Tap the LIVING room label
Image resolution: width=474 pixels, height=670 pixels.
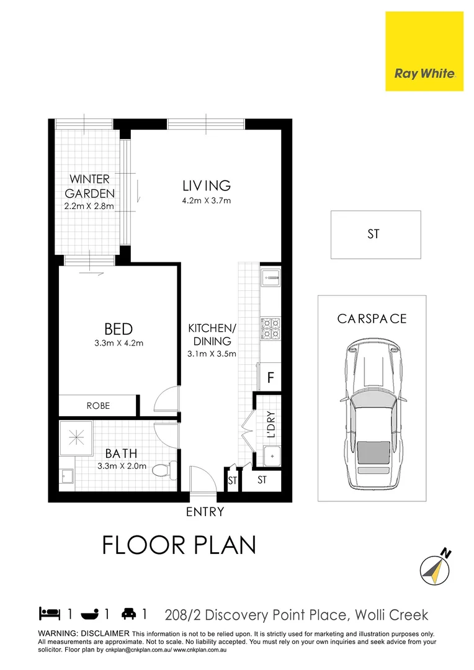tap(206, 185)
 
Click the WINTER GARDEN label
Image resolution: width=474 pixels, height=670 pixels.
tap(89, 186)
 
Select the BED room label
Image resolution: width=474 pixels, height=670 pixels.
tap(118, 328)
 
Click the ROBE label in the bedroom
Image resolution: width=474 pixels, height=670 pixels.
tap(98, 406)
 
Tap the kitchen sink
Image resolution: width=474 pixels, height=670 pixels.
tap(271, 277)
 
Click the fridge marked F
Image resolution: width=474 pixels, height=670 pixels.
tap(271, 377)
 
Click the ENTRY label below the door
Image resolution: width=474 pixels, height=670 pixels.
tap(205, 512)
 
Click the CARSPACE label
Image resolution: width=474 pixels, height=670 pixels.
tap(372, 319)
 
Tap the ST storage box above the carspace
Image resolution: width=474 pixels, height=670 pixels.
tap(375, 234)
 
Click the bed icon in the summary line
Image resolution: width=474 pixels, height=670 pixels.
tap(49, 614)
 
